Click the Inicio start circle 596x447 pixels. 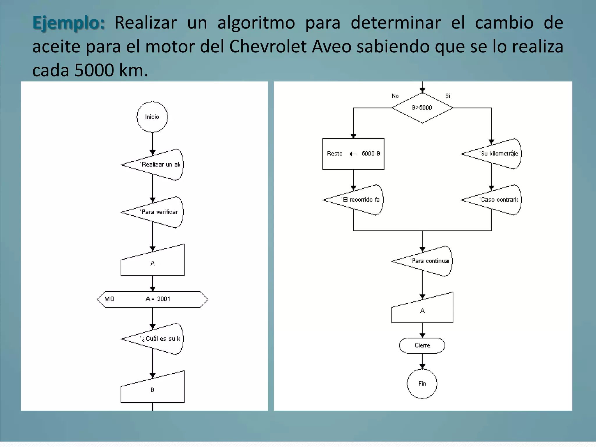(x=152, y=117)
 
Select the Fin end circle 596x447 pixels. (x=422, y=384)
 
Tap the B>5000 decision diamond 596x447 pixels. (x=422, y=108)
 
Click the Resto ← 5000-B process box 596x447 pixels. (x=353, y=154)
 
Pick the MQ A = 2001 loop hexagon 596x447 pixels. (x=152, y=299)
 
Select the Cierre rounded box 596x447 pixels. (x=422, y=345)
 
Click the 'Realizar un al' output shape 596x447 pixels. (x=157, y=165)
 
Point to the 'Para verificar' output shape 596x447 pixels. (x=157, y=212)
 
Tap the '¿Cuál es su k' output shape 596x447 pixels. (x=157, y=339)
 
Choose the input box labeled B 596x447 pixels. (x=152, y=390)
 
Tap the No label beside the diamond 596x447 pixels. (x=395, y=96)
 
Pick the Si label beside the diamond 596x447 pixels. (x=448, y=96)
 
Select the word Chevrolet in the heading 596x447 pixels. (x=268, y=46)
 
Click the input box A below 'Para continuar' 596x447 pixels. (x=422, y=310)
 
